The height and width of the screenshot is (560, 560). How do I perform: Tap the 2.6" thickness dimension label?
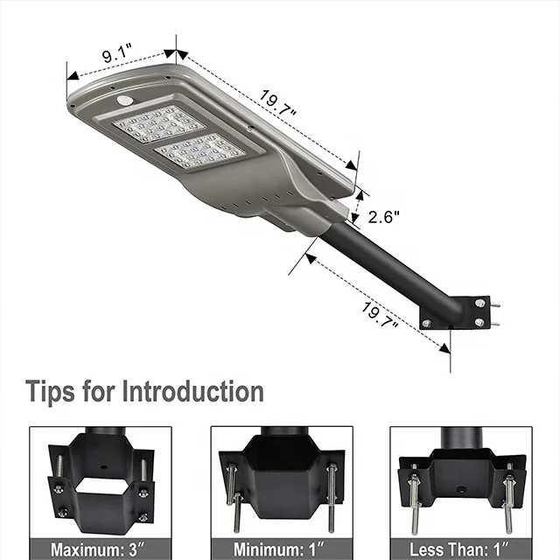385,217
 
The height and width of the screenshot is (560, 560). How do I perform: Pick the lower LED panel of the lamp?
199,151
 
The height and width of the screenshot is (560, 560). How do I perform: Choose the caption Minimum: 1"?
281,549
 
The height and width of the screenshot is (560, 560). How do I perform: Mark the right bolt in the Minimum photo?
332,497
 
